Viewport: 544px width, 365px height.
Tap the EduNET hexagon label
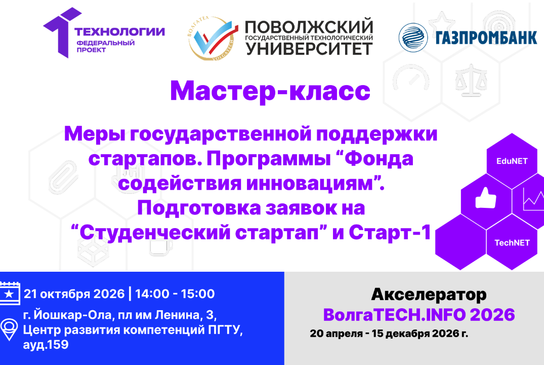511,161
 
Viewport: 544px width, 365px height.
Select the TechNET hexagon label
512,242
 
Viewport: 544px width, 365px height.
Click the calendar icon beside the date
10,294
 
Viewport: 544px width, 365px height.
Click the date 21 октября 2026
74,294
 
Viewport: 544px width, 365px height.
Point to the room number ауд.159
46,345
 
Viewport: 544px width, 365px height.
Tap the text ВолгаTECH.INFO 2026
419,315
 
